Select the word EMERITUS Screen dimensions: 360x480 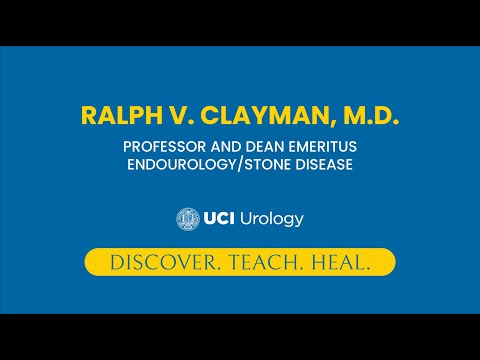318,147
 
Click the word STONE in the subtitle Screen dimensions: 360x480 269,165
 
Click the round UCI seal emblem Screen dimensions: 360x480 187,218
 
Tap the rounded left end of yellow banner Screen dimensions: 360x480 91,262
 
